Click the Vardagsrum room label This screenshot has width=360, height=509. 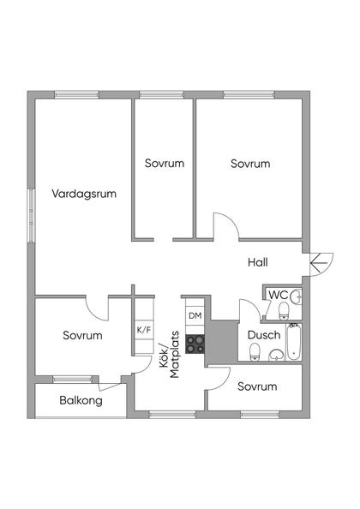point(83,194)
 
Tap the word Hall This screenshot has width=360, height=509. point(259,262)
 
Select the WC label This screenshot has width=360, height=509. point(278,295)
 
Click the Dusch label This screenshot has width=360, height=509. point(263,334)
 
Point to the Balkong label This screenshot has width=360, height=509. point(81,400)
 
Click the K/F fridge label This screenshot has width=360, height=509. point(143,329)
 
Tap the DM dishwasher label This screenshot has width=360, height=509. point(195,316)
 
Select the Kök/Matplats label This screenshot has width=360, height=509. point(169,361)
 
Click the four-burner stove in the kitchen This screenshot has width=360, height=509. point(195,342)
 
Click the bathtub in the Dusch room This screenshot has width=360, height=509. point(293,343)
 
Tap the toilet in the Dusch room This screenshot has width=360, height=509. point(254,352)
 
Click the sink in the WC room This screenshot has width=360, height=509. point(295,296)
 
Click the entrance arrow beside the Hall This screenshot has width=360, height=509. point(321,261)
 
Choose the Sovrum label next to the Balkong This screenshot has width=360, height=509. point(82,335)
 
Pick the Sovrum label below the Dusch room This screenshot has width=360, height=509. point(257,386)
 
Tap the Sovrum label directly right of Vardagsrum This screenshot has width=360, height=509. point(165,163)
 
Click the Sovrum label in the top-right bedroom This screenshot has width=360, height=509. point(250,163)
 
